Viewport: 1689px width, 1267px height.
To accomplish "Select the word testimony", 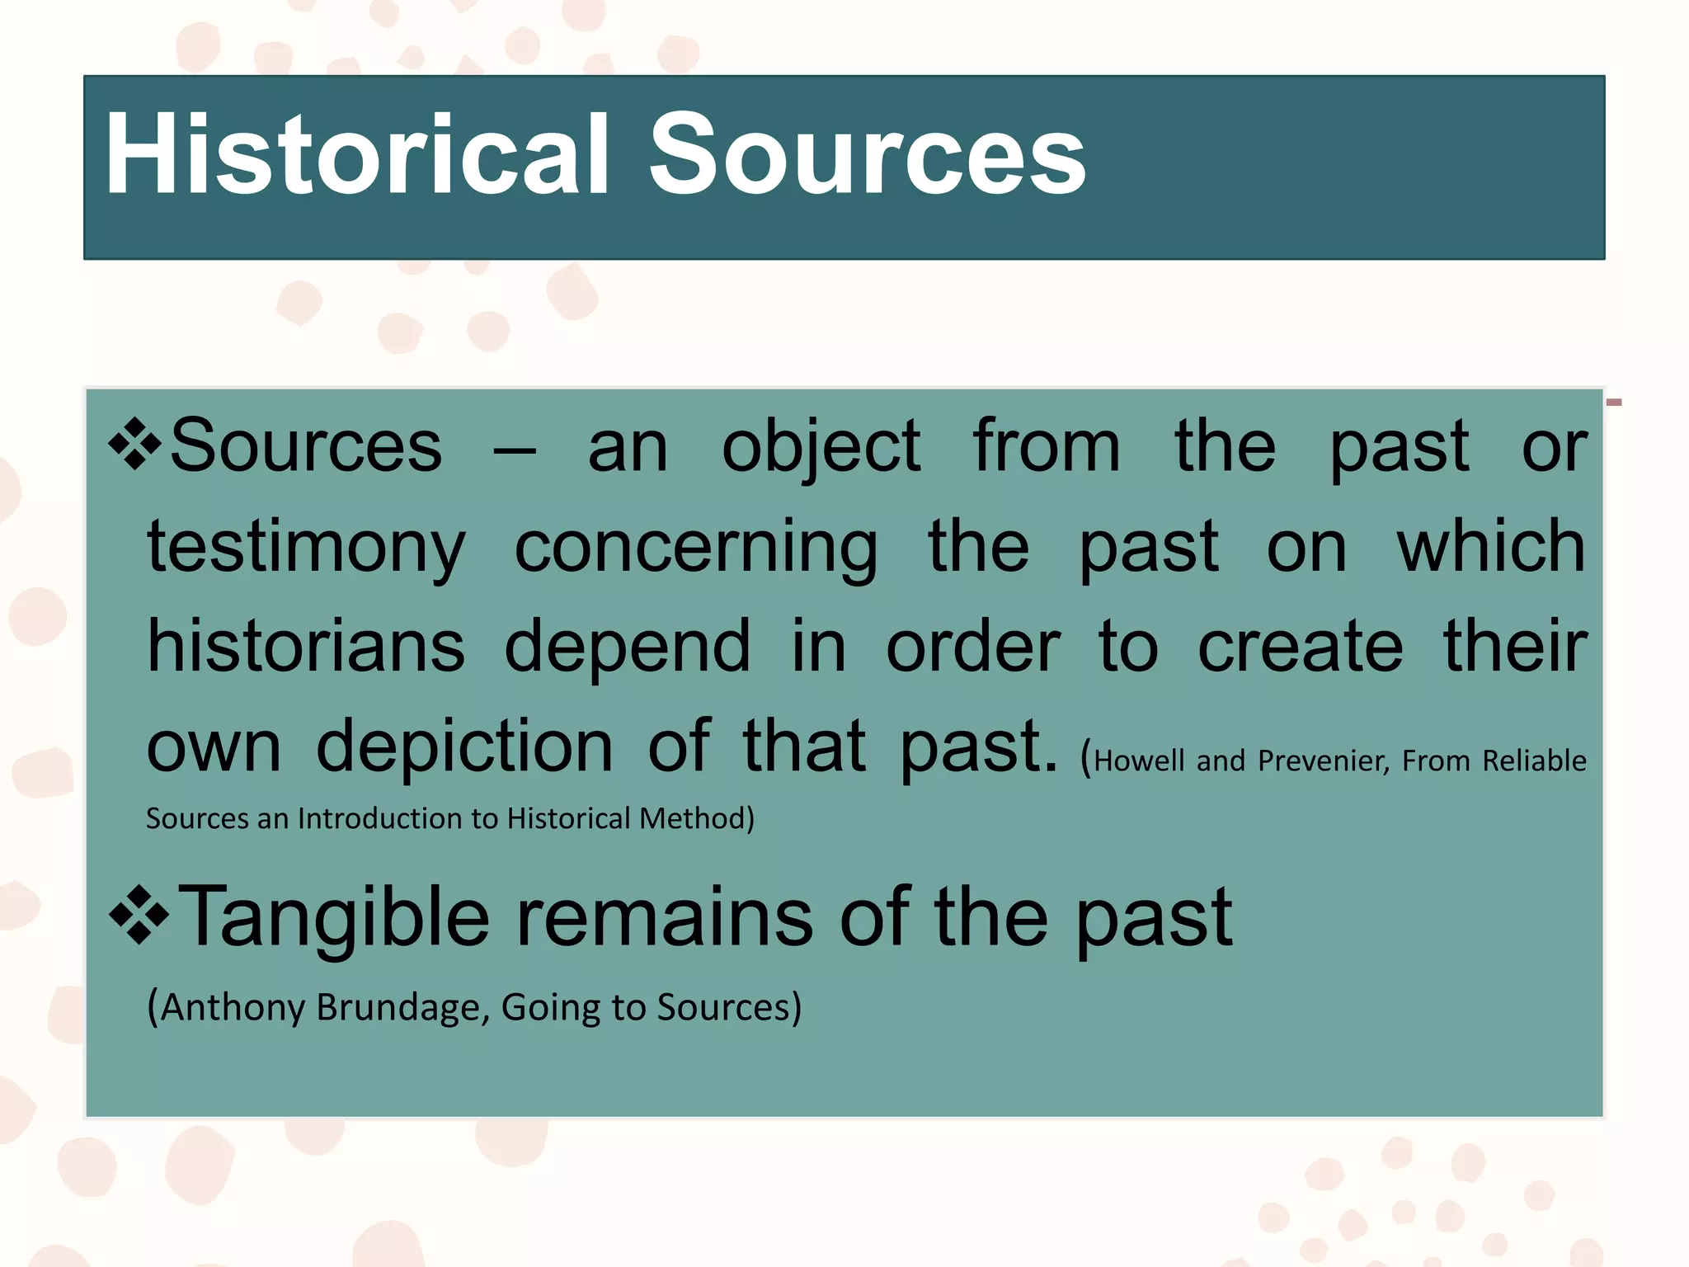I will tap(306, 549).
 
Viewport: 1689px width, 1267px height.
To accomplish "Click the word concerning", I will tap(696, 549).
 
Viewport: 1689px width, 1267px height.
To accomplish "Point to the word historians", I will tap(306, 647).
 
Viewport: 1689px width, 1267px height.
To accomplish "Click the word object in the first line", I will tap(821, 448).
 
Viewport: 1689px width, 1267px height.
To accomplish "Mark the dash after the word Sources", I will tap(515, 452).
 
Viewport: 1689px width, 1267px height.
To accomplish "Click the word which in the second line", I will tap(1491, 547).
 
